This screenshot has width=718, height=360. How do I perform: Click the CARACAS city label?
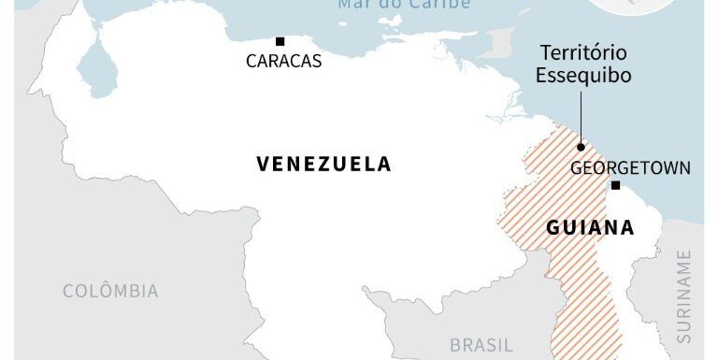pyautogui.click(x=283, y=62)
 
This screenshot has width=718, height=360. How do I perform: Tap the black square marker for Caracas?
pyautogui.click(x=280, y=41)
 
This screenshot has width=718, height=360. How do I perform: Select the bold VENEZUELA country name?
pyautogui.click(x=323, y=165)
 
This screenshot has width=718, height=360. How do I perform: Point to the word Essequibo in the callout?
pyautogui.click(x=583, y=75)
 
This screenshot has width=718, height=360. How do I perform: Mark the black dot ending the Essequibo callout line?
pyautogui.click(x=581, y=147)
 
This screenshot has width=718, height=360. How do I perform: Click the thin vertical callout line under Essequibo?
pyautogui.click(x=581, y=117)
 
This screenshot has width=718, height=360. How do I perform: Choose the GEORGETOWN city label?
pyautogui.click(x=630, y=168)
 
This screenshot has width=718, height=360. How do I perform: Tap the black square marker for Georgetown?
pyautogui.click(x=615, y=185)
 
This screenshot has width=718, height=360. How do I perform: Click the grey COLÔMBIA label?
pyautogui.click(x=110, y=291)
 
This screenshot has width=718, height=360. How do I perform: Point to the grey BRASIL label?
pyautogui.click(x=481, y=345)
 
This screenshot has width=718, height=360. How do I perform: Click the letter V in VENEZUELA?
pyautogui.click(x=263, y=165)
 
